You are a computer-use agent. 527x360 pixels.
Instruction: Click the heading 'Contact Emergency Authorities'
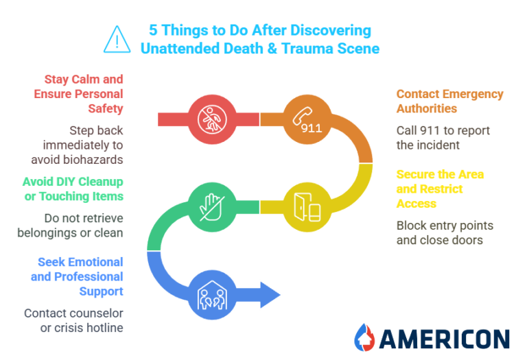point(449,101)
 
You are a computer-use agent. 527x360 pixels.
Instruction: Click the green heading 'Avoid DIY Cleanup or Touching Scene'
point(72,189)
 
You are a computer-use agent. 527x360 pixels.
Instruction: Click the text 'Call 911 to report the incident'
point(443,138)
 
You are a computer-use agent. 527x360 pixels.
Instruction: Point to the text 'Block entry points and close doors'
point(445,233)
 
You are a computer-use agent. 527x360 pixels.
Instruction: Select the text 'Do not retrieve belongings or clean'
point(70,226)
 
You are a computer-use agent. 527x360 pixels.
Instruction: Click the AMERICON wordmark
point(443,338)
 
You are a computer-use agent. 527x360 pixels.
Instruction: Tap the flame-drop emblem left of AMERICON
point(364,337)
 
